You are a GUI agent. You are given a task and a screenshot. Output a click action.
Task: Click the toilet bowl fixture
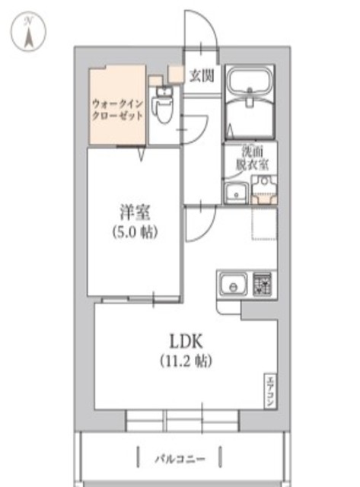point(161,106)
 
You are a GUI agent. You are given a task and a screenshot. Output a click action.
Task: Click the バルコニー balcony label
point(180,459)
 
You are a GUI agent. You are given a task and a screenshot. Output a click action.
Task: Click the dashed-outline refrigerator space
point(263,223)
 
